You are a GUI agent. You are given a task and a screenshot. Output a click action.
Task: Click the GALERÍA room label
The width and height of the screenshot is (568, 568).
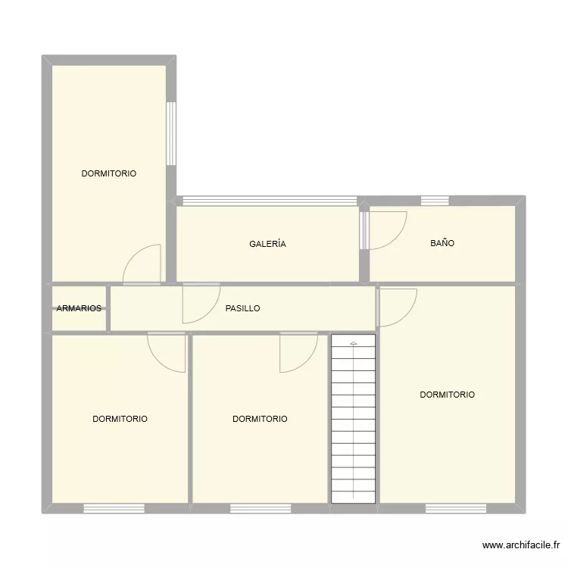(267, 244)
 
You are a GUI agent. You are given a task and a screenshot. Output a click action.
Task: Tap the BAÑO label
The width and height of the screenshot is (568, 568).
(442, 243)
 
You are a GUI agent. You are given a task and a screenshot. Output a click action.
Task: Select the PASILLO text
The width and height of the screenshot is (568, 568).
(242, 308)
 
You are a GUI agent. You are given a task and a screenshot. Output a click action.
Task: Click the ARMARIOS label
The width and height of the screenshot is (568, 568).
(79, 308)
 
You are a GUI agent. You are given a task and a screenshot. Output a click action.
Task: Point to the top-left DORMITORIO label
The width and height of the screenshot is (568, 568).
(109, 173)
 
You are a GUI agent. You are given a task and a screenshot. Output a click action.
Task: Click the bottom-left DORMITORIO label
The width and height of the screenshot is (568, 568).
(120, 419)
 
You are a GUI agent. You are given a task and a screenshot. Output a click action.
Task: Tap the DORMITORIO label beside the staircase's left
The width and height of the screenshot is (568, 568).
(260, 419)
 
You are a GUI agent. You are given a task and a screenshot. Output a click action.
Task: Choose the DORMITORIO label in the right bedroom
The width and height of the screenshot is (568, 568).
(447, 395)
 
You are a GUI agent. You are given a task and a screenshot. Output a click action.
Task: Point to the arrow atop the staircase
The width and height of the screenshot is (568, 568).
(353, 343)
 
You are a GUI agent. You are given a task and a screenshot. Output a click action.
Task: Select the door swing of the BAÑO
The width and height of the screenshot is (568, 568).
(386, 229)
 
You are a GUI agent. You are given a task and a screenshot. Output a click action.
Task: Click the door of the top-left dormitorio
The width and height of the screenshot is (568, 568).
(144, 265)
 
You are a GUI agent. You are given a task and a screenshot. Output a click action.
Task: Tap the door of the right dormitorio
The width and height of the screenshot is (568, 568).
(395, 307)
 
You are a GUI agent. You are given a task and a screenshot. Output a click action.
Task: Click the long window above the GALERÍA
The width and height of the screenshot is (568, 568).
(270, 201)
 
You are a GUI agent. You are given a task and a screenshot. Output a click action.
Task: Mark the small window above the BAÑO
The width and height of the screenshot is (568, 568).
(435, 201)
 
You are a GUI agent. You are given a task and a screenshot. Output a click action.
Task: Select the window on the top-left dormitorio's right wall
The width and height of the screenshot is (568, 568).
(171, 134)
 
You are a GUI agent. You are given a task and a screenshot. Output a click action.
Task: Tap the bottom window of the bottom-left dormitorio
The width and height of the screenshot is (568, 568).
(114, 507)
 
